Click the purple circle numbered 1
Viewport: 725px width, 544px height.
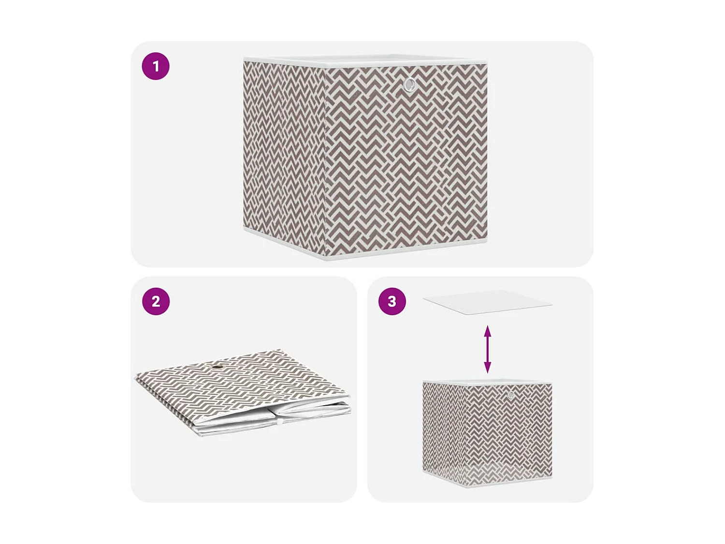pyautogui.click(x=156, y=66)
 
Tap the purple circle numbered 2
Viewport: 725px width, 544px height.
pyautogui.click(x=156, y=301)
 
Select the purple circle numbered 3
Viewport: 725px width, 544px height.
pyautogui.click(x=392, y=301)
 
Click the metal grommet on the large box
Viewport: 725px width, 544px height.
pyautogui.click(x=409, y=85)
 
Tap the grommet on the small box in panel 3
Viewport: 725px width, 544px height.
pyautogui.click(x=511, y=395)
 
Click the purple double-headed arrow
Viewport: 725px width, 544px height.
pyautogui.click(x=488, y=349)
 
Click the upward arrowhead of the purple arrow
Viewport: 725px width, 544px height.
pyautogui.click(x=488, y=331)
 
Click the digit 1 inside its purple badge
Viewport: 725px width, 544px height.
pyautogui.click(x=156, y=66)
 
